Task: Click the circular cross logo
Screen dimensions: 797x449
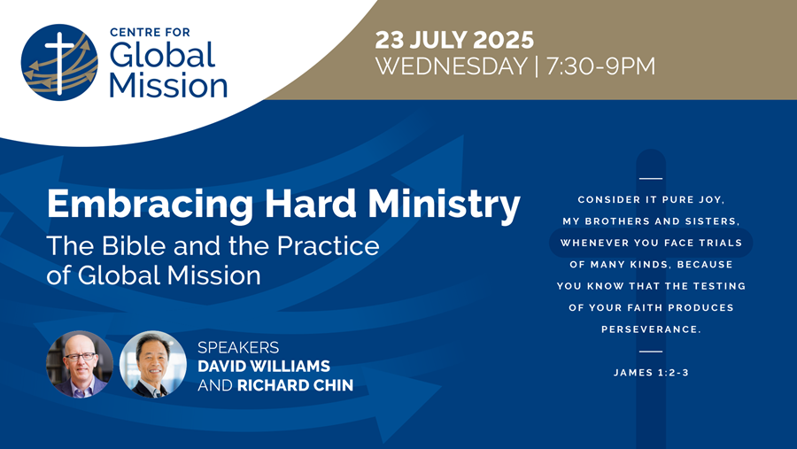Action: (59, 63)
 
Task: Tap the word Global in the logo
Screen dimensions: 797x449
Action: (163, 55)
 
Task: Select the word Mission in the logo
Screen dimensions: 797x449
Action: (168, 85)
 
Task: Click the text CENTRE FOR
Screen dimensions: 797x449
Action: (150, 32)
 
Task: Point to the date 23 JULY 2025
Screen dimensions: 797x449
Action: (454, 40)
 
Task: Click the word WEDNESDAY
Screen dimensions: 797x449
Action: (452, 66)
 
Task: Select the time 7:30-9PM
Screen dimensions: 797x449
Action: (600, 66)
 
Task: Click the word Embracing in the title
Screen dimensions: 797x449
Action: (150, 205)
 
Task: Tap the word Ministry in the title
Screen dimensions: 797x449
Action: (444, 205)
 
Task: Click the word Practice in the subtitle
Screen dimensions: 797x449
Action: (328, 246)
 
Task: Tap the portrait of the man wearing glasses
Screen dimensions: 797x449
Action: (80, 364)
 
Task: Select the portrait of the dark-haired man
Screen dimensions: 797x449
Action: (153, 364)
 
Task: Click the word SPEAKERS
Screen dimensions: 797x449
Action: (238, 347)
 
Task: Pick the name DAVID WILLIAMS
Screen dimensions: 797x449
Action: (264, 366)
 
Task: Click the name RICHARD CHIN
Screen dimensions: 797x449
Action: (295, 385)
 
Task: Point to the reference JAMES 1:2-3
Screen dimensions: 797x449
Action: (651, 373)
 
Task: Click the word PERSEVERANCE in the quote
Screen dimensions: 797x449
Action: (651, 329)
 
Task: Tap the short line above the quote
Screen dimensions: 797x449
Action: (651, 179)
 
